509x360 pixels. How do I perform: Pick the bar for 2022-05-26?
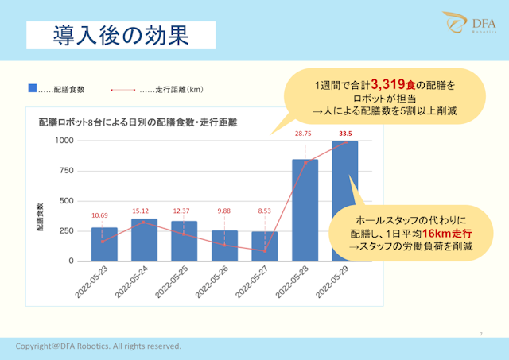pos(224,246)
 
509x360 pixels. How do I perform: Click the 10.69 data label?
pos(99,215)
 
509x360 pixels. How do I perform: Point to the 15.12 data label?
pos(139,211)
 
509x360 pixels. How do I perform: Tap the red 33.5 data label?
pos(345,134)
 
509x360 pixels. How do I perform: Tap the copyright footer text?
pos(98,346)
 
